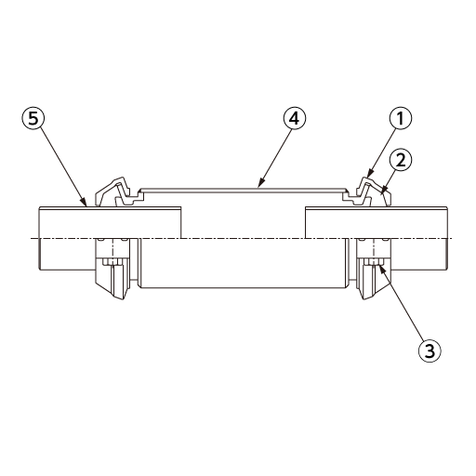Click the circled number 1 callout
[401, 119]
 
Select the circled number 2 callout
[401, 161]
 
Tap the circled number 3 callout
[430, 351]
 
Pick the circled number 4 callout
[295, 119]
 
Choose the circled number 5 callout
[33, 119]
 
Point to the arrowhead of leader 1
[369, 174]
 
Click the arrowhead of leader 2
[384, 190]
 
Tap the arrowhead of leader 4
[260, 184]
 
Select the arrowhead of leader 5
[86, 203]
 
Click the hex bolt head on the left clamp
[112, 261]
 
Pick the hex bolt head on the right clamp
[374, 261]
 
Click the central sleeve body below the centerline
[244, 263]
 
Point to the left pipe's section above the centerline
[110, 222]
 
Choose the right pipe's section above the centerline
[377, 222]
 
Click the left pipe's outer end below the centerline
[67, 254]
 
